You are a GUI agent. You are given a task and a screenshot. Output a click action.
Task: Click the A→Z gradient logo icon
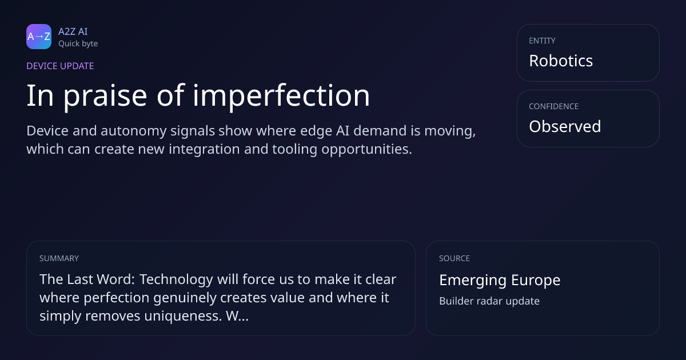tap(39, 37)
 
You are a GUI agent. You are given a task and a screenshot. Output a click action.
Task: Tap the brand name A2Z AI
tap(73, 31)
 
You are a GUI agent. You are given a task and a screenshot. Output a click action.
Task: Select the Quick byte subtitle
tap(78, 44)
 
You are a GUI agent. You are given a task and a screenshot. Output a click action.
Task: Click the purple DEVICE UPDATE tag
tap(60, 66)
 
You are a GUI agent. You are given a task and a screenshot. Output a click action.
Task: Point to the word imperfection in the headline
tap(281, 96)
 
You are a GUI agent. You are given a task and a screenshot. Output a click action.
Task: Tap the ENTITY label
tap(542, 41)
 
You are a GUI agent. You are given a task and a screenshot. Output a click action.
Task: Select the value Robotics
tap(561, 61)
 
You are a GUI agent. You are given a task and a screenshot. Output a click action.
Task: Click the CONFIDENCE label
tap(554, 106)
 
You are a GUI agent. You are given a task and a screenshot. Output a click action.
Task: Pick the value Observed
tap(565, 126)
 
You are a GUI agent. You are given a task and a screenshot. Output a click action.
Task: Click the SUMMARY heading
tap(59, 258)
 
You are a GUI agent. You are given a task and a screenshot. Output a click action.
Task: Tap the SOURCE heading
tap(454, 258)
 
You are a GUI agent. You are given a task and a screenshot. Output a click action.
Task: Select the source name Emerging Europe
tap(500, 280)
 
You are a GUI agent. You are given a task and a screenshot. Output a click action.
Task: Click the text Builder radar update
tap(489, 301)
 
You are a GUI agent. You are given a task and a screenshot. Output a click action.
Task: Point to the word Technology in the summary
tap(177, 280)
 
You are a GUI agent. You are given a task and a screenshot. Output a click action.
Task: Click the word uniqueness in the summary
tap(183, 316)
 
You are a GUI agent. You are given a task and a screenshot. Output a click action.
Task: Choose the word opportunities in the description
tap(366, 150)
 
